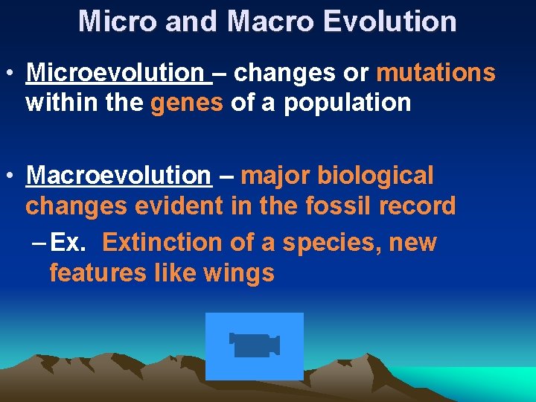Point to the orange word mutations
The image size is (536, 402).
click(x=435, y=73)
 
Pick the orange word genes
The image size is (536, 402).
click(x=186, y=103)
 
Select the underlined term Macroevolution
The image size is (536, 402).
click(x=118, y=176)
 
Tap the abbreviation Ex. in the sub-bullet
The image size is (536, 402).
click(x=73, y=243)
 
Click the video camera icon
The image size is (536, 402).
click(x=254, y=345)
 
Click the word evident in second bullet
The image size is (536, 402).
click(x=179, y=205)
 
